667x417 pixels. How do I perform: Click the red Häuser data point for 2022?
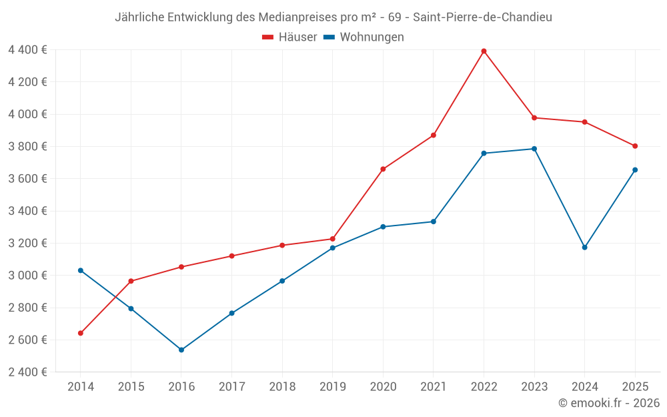point(484,51)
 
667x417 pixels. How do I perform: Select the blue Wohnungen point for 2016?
point(181,350)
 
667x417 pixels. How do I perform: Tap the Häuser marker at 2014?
point(81,333)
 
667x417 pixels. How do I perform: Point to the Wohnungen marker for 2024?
point(585,248)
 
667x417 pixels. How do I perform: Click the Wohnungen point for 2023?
point(534,149)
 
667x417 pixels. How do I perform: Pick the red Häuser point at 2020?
point(383,169)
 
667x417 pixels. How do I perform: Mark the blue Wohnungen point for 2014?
point(81,270)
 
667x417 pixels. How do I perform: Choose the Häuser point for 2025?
point(635,146)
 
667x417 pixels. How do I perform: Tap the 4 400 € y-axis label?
point(28,49)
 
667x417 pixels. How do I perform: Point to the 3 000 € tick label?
point(28,276)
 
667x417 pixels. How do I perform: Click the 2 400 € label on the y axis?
point(28,372)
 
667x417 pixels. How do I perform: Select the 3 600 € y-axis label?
point(28,179)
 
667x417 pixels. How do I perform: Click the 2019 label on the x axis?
point(333,387)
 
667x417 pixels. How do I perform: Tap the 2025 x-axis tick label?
point(635,387)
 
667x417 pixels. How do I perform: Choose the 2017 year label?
point(231,387)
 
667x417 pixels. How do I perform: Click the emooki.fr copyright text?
point(609,403)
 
